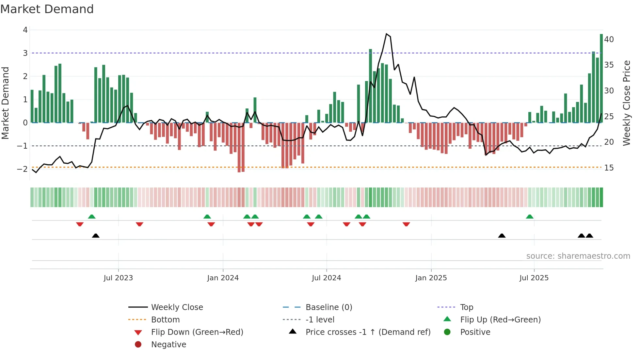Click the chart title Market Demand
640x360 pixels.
click(47, 9)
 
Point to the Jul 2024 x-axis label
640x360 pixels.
click(326, 278)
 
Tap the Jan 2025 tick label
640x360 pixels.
click(431, 278)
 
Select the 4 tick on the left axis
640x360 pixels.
click(25, 30)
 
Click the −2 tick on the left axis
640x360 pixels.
click(23, 169)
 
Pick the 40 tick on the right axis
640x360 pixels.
click(609, 40)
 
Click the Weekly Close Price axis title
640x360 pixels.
click(626, 103)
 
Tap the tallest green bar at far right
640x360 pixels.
click(601, 78)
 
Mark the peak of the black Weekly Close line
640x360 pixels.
click(386, 34)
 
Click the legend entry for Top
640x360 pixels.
click(466, 307)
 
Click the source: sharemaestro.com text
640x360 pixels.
click(578, 256)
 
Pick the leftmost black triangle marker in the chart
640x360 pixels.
click(96, 236)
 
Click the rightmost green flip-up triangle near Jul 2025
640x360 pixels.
click(530, 217)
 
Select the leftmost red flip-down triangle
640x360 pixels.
click(80, 224)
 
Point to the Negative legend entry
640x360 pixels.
click(168, 345)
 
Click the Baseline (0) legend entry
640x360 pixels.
click(328, 307)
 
